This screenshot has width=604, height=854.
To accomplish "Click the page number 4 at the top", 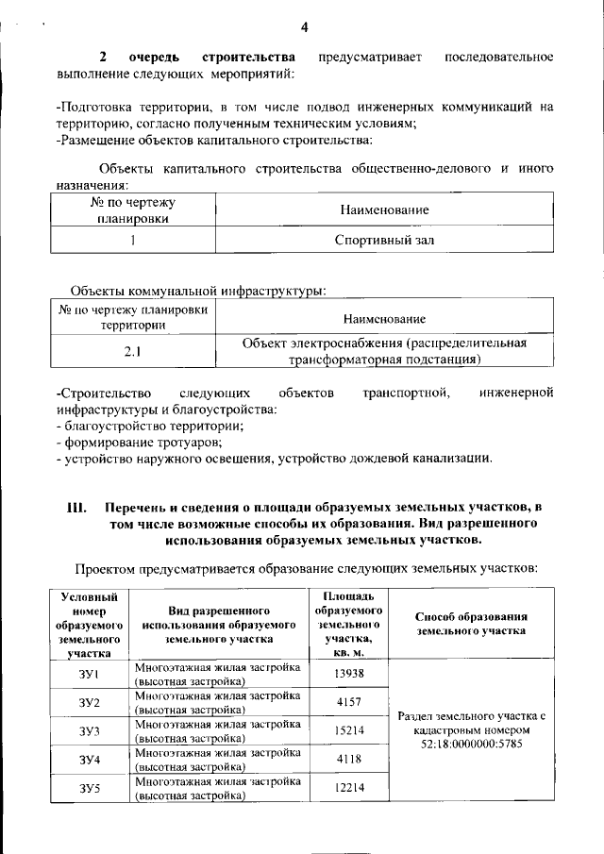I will [304, 25].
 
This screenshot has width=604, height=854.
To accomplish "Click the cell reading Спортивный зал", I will [384, 240].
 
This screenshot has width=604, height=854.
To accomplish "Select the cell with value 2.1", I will [132, 353].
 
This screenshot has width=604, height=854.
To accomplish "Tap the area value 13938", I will [348, 673].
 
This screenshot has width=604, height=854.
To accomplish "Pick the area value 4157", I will [348, 702].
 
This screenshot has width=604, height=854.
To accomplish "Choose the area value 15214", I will [348, 730].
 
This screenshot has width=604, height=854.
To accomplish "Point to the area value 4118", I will [348, 759].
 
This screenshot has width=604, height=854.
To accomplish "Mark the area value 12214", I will [348, 788].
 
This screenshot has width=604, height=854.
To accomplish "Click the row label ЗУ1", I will [90, 673].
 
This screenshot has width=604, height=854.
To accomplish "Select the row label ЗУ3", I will [90, 730].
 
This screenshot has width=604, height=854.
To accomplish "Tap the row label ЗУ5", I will [90, 788].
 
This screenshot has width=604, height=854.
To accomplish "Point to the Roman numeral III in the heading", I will [78, 508].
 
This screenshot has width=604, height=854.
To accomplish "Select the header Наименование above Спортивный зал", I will [384, 209].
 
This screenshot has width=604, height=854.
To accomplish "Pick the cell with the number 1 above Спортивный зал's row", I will [133, 240].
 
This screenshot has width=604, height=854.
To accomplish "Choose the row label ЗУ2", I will [90, 702].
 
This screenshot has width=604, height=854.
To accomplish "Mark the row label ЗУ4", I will [90, 759].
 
